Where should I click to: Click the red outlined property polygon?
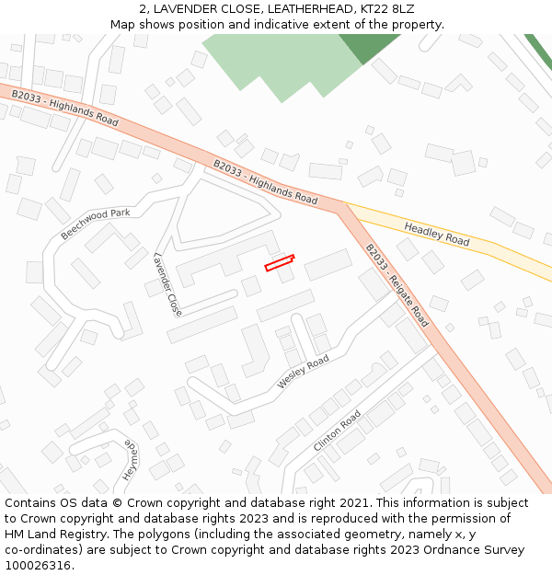tap(280, 262)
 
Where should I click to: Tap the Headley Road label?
tap(437, 234)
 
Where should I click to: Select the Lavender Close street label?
tap(168, 284)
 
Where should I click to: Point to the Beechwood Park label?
tap(96, 224)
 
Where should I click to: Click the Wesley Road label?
tap(303, 372)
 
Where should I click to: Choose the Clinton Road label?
tap(338, 431)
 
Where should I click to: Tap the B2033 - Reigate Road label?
tap(397, 285)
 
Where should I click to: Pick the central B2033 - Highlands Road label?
tap(265, 182)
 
